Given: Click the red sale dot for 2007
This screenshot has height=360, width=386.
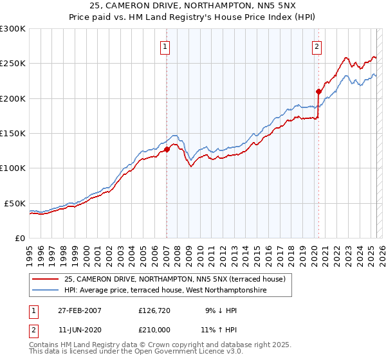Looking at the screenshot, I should pyautogui.click(x=167, y=149).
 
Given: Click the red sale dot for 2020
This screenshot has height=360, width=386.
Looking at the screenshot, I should pyautogui.click(x=318, y=91).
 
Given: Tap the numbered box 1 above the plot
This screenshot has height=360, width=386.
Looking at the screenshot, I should pyautogui.click(x=165, y=46).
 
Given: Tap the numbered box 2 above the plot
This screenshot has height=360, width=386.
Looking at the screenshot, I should pyautogui.click(x=317, y=46).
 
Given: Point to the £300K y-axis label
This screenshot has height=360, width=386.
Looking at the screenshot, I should pyautogui.click(x=12, y=29).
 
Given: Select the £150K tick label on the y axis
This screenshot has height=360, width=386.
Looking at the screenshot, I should pyautogui.click(x=12, y=133).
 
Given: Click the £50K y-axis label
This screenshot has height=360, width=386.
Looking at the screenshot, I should pyautogui.click(x=15, y=203).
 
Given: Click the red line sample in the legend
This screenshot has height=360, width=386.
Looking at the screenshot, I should pyautogui.click(x=46, y=279).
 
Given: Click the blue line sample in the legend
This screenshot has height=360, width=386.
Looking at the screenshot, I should pyautogui.click(x=46, y=291).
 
